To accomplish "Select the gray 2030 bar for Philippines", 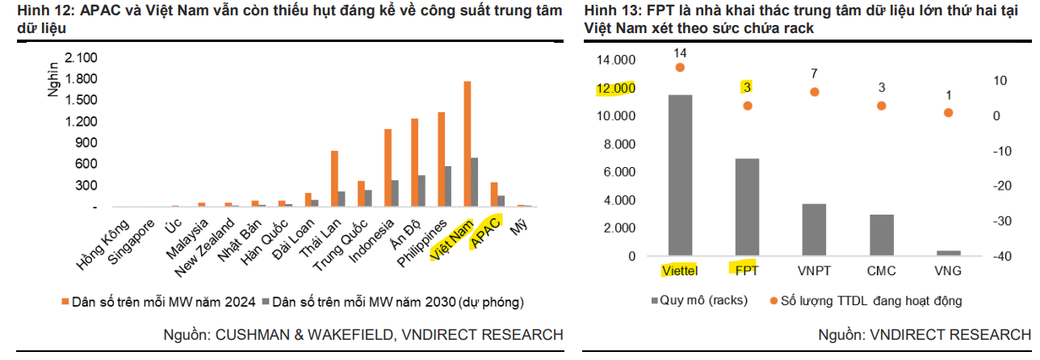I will (447, 186).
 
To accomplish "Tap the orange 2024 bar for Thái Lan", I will (334, 178).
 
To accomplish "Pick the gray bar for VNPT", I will (814, 229).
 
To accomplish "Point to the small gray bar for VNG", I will (949, 253).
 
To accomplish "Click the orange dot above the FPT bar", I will (748, 106).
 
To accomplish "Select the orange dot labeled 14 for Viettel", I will (680, 67).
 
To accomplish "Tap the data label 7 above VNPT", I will (815, 74).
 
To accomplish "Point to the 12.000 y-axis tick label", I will (614, 88).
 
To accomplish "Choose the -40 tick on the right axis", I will (1003, 256).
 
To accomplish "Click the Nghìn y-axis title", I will (52, 77).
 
